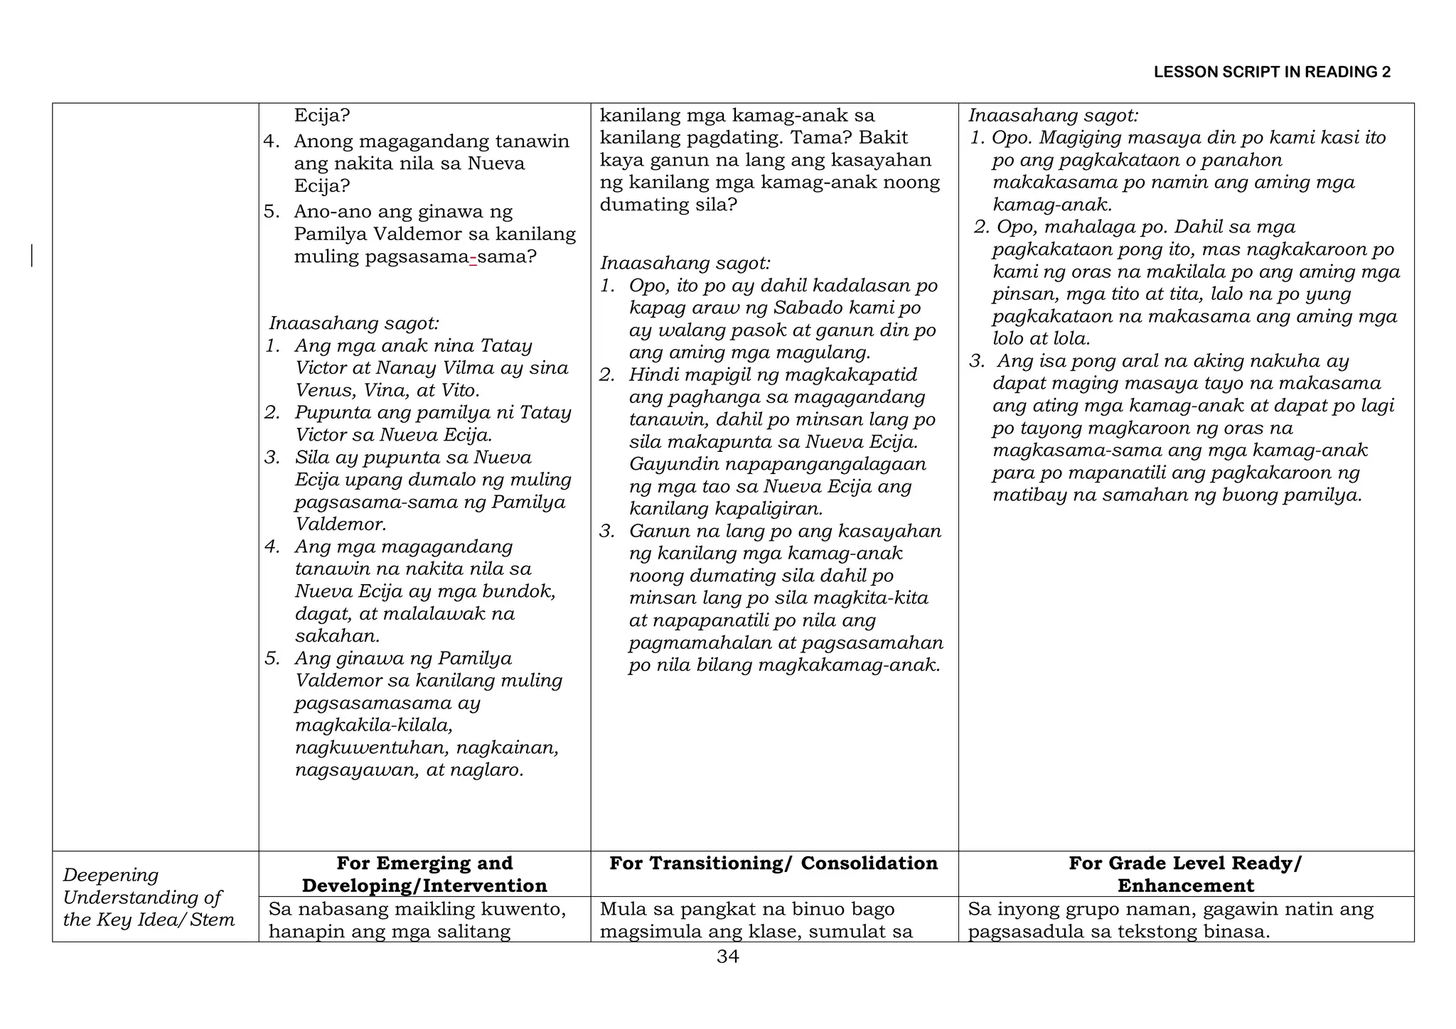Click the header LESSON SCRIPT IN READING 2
1271,72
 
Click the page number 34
727,957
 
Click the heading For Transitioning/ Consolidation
773,863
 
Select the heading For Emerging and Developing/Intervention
424,874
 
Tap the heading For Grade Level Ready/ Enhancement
1185,874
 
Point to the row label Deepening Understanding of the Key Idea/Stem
149,897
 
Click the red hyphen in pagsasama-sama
473,257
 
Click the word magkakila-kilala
374,725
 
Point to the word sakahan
337,635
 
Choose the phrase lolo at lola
1042,338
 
